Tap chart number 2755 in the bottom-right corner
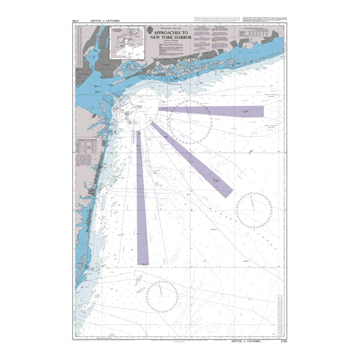tap(284, 341)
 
